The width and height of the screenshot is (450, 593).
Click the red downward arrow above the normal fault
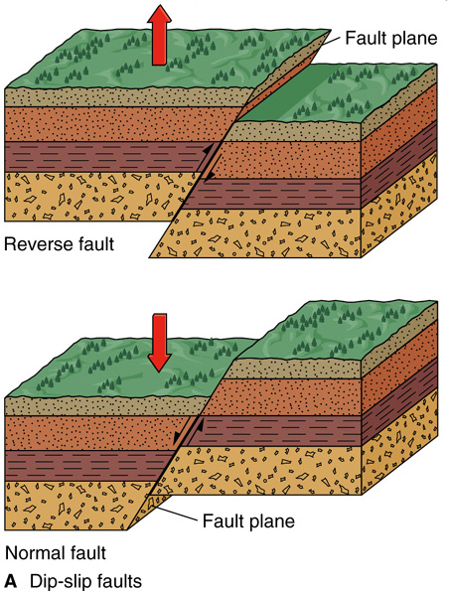(x=159, y=343)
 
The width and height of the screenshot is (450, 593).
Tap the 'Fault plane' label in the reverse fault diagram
(x=391, y=38)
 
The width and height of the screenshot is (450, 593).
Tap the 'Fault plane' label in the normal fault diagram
(x=248, y=520)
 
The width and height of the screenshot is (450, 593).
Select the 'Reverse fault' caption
(x=59, y=244)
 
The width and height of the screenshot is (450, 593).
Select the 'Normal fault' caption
(x=56, y=553)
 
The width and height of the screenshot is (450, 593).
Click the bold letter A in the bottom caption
(x=11, y=581)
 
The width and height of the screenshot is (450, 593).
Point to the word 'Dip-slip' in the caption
(x=61, y=582)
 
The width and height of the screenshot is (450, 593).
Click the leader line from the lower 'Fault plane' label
(x=177, y=514)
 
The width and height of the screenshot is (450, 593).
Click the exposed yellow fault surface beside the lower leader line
(x=148, y=511)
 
